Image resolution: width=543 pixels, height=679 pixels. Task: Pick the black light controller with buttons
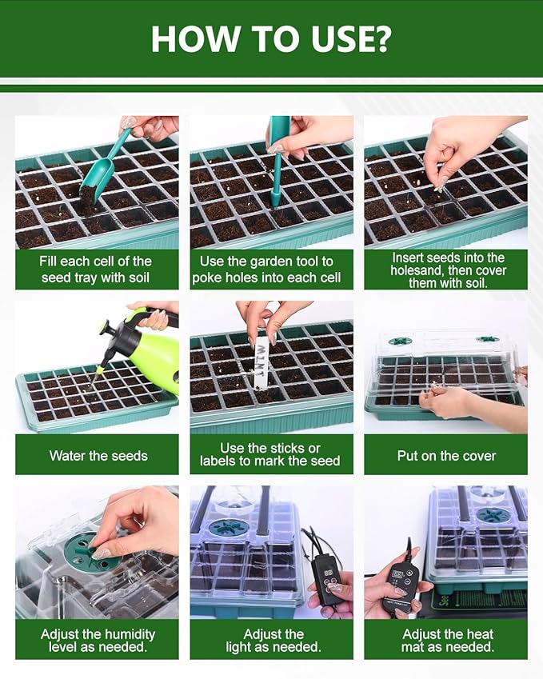point(329,576)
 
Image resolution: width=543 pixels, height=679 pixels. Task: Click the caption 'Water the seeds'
point(98,456)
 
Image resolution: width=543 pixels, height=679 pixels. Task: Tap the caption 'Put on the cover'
point(446,456)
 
